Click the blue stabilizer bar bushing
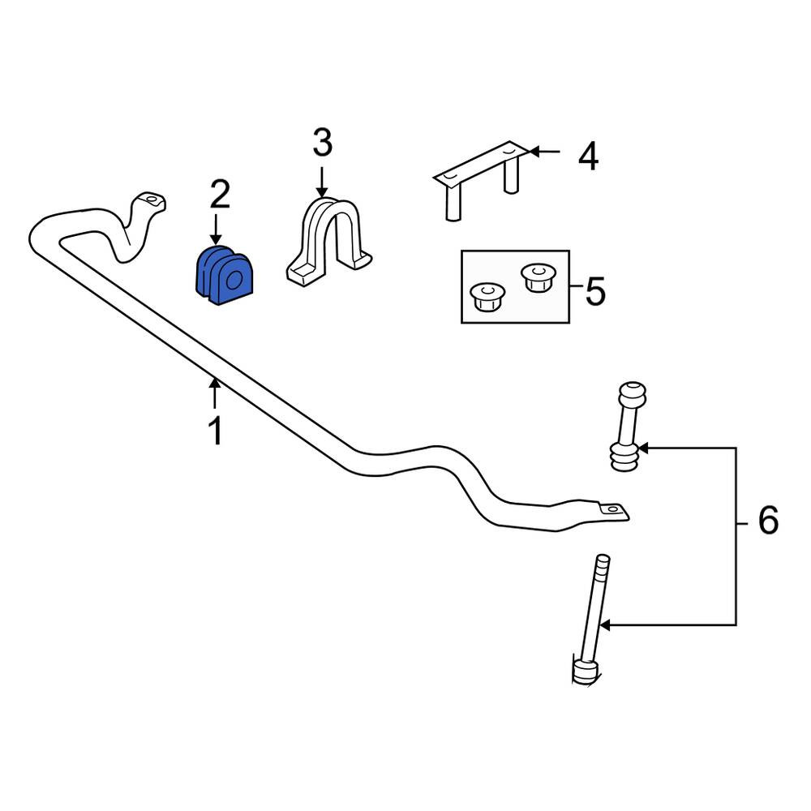[225, 276]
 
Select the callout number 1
[215, 431]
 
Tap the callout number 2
[220, 195]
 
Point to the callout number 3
[322, 143]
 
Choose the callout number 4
[588, 157]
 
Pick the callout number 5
[595, 291]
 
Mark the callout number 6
[768, 521]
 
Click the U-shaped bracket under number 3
[329, 241]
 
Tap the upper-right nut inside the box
[539, 277]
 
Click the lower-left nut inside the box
[487, 297]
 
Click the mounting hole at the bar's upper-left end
[151, 200]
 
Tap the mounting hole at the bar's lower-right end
[613, 509]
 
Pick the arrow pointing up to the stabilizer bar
[215, 393]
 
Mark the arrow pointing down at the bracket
[322, 182]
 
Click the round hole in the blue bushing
[234, 281]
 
